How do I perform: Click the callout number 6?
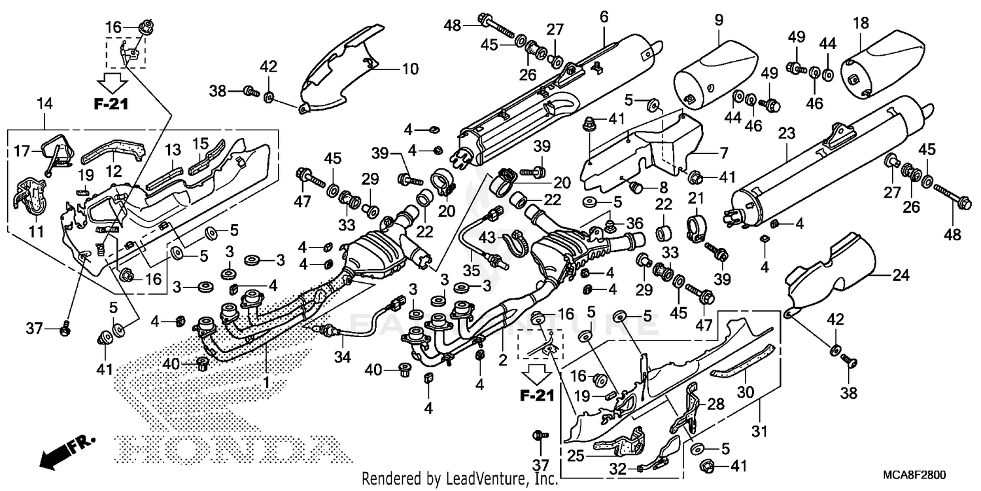[x=604, y=18]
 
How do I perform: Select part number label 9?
[x=719, y=21]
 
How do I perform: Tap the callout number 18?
[x=861, y=24]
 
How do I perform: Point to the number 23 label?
[x=786, y=134]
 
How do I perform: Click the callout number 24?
[x=901, y=276]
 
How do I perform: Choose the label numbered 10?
[x=409, y=68]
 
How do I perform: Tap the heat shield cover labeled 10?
[x=340, y=65]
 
